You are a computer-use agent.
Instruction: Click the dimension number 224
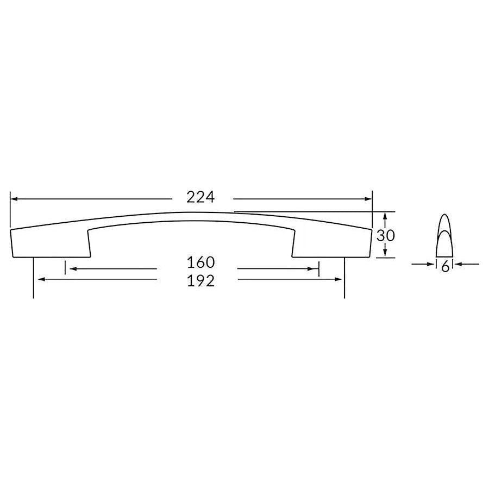point(201,197)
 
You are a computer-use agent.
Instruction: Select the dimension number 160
point(201,262)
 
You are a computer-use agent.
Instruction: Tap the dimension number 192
point(201,280)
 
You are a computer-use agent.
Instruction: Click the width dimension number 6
point(445,266)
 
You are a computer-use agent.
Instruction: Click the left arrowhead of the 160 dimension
point(70,268)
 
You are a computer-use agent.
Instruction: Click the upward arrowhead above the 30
point(385,216)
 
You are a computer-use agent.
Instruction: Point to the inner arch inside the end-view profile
point(445,234)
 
